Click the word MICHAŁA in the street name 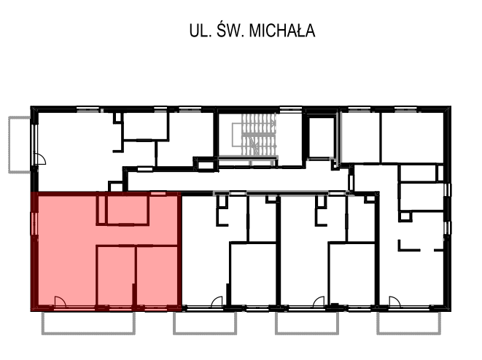click(282, 31)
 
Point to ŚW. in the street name click(230, 31)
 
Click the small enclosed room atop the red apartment click(128, 209)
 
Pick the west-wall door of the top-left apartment click(41, 160)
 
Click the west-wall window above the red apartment click(34, 141)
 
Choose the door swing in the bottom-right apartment click(394, 302)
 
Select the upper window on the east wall click(448, 190)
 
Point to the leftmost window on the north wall click(88, 109)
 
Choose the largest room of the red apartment click(66, 248)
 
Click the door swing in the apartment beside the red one click(217, 302)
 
